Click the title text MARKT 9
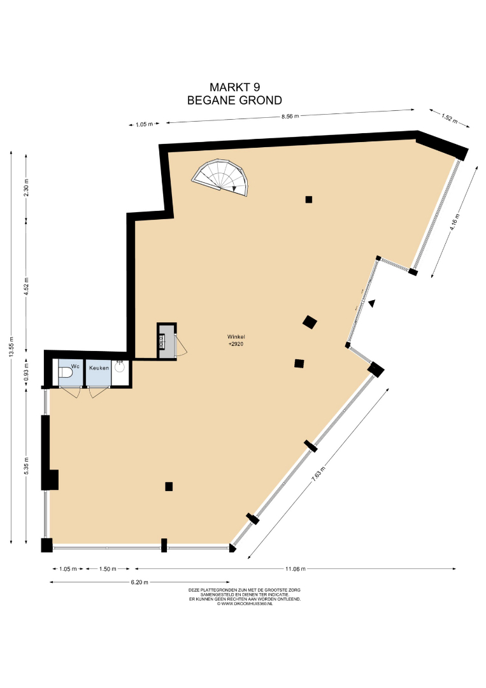(234, 87)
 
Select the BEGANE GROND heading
(234, 101)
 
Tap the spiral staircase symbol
(220, 178)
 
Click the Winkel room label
(236, 337)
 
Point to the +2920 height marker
(236, 344)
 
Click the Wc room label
(75, 366)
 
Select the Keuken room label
(99, 368)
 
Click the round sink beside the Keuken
(119, 367)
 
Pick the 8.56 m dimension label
(290, 117)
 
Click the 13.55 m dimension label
(11, 347)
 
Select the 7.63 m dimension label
(318, 473)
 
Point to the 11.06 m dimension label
(295, 569)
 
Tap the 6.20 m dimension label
(139, 582)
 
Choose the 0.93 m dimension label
(26, 371)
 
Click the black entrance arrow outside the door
(372, 303)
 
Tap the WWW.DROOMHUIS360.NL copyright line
(245, 604)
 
